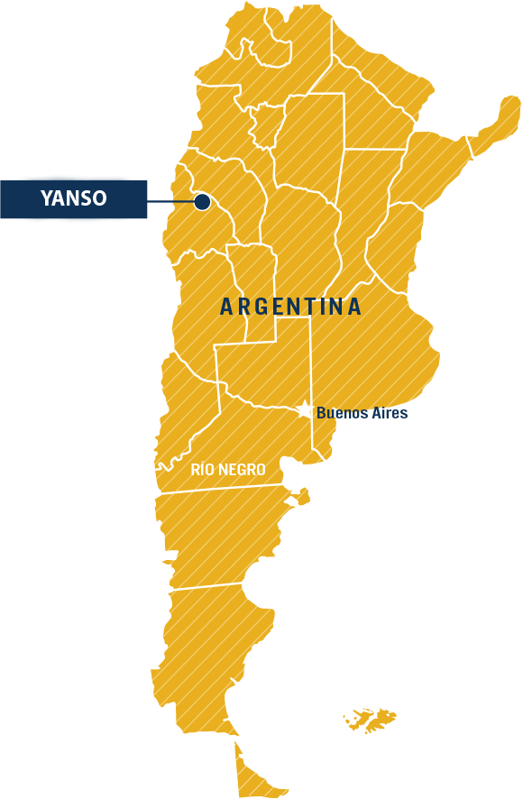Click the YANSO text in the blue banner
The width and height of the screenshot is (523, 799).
pos(74,198)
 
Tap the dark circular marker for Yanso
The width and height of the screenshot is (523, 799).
pos(202,202)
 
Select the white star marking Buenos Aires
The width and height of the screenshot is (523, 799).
pos(305,410)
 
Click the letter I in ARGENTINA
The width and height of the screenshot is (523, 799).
pos(327,307)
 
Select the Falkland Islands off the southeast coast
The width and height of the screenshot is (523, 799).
pos(372,719)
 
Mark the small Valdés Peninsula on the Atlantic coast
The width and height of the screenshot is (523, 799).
pos(303,496)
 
